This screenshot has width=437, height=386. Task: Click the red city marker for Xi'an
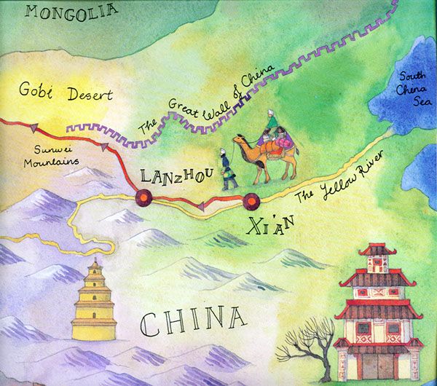[252, 197]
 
